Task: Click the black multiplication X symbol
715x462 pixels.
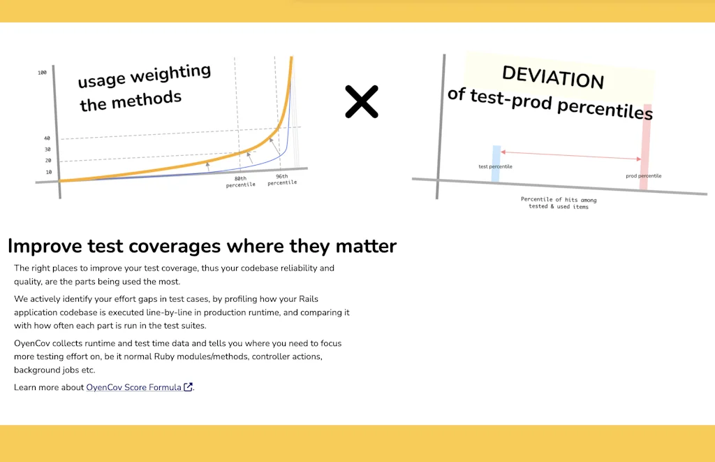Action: (362, 101)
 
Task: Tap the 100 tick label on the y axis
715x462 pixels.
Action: (42, 73)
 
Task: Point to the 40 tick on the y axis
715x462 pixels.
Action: (47, 138)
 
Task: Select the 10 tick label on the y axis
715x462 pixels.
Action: (49, 172)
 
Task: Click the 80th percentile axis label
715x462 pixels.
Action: (240, 182)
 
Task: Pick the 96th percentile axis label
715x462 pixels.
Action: (282, 180)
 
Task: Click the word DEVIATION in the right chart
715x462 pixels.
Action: (553, 77)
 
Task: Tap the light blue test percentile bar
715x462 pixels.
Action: (496, 164)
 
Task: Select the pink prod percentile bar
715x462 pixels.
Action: (645, 147)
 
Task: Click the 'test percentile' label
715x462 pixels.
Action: (495, 166)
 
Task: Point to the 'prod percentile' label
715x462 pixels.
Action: (643, 175)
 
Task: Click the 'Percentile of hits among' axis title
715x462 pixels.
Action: (559, 199)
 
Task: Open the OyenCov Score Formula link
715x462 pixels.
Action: (133, 387)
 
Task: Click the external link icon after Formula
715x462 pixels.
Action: (188, 387)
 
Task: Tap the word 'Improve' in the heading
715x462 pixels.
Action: (45, 247)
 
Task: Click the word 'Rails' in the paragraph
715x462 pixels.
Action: (308, 299)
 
